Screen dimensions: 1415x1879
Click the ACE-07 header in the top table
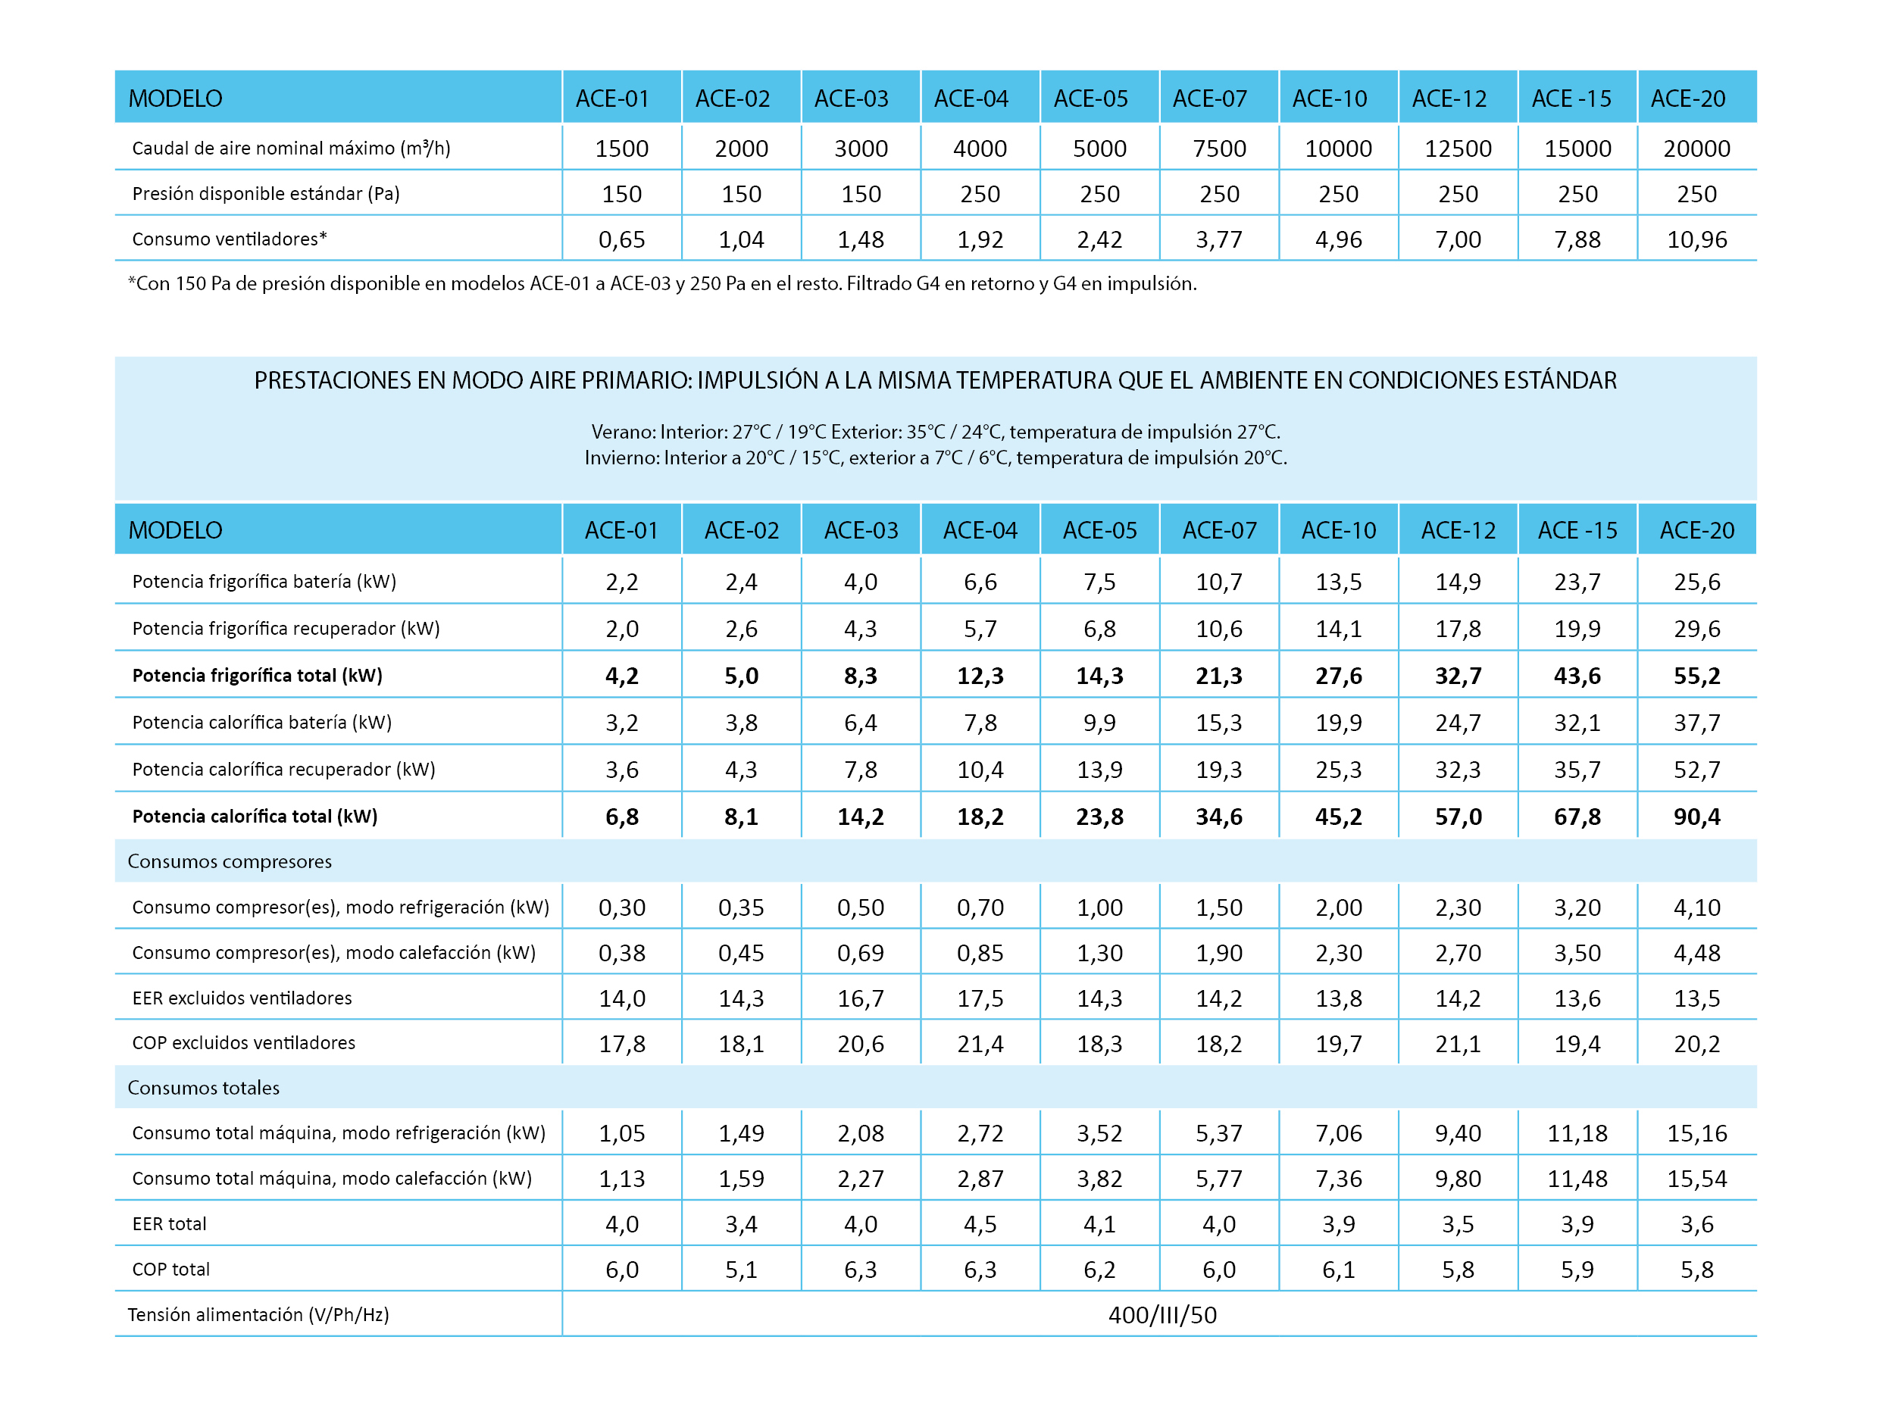[1210, 98]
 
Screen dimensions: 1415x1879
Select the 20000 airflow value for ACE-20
[1696, 148]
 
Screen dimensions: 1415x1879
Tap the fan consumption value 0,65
[622, 239]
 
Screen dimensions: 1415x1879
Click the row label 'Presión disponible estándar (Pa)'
[266, 194]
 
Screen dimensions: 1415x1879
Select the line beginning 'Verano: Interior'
[935, 432]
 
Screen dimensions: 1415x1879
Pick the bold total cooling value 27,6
[1339, 676]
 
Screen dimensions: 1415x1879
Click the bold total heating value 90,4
[1696, 817]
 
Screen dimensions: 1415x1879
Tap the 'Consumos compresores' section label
[230, 861]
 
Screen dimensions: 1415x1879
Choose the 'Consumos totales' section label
[203, 1088]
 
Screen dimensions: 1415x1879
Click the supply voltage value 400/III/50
[1162, 1315]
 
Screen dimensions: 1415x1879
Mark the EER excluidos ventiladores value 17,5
[980, 999]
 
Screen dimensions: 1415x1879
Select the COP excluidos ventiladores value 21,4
[980, 1044]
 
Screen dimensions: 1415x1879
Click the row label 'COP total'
[170, 1270]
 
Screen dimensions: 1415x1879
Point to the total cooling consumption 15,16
[1696, 1134]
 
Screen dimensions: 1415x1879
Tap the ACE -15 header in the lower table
[1577, 531]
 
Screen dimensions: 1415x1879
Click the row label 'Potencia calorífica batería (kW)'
[261, 723]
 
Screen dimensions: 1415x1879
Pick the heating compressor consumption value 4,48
[1696, 954]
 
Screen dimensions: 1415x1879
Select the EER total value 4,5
[980, 1225]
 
